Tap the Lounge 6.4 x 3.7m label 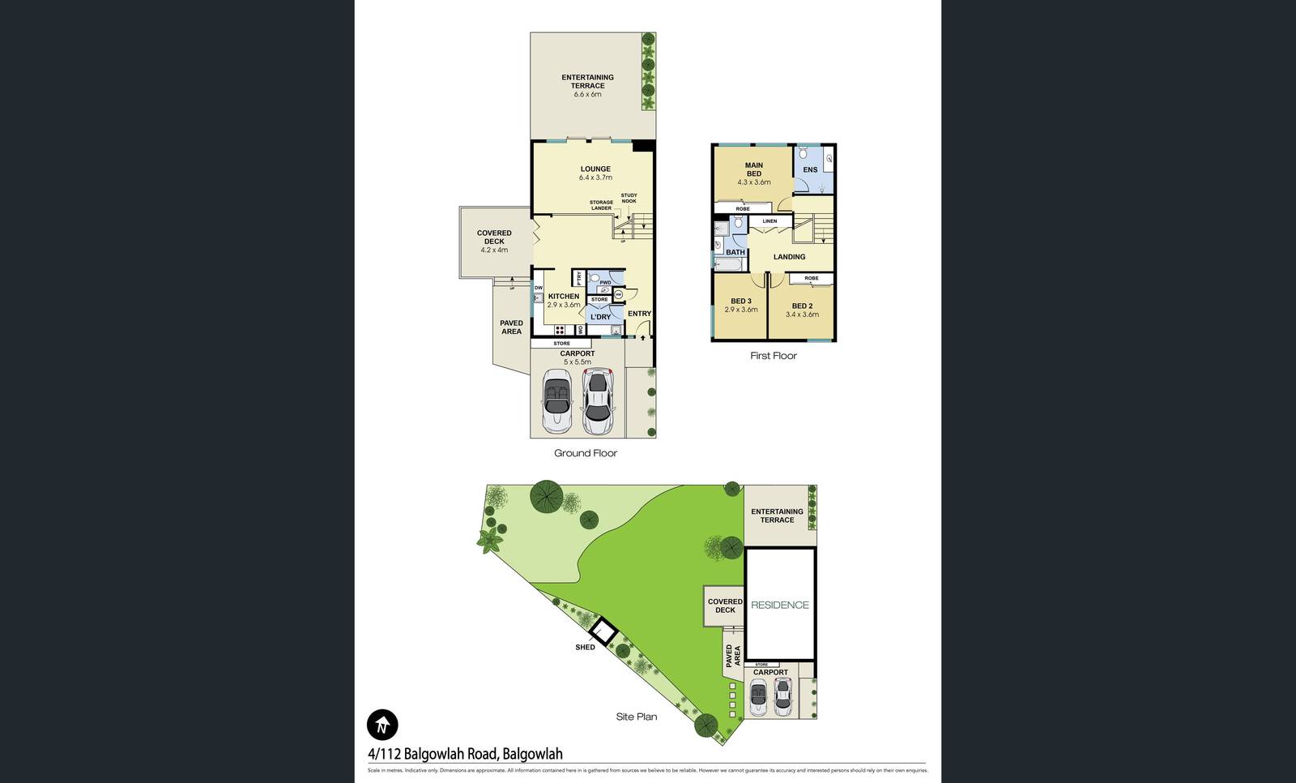tap(595, 173)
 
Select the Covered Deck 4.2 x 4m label tap(494, 242)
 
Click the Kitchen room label tap(564, 300)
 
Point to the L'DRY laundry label tap(600, 317)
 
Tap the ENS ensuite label tap(810, 170)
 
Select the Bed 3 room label tap(740, 305)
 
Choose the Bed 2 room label tap(802, 310)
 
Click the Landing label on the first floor tap(789, 257)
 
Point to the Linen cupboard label tap(769, 221)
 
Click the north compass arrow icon tap(382, 724)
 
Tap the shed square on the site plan tap(603, 630)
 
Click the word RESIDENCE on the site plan tap(779, 605)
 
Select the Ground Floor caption tap(585, 453)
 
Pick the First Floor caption tap(773, 356)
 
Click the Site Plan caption tap(636, 717)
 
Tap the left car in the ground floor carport tap(556, 401)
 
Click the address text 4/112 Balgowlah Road tap(465, 754)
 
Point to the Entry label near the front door tap(639, 314)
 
